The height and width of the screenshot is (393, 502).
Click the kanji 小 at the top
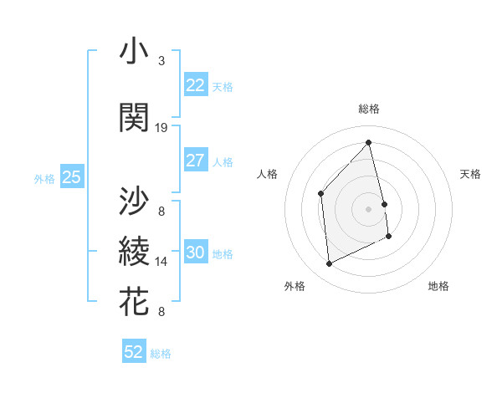(135, 52)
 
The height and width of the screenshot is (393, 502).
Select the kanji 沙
(135, 201)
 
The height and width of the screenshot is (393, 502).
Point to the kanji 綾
(135, 251)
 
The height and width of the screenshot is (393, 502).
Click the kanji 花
(135, 301)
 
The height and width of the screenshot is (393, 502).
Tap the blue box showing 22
(195, 85)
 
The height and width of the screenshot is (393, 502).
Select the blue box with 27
(195, 161)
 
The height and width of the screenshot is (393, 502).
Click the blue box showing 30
(195, 253)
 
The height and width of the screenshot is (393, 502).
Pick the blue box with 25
(71, 177)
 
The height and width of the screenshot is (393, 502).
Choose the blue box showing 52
(134, 352)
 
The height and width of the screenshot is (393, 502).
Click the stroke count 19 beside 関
(161, 128)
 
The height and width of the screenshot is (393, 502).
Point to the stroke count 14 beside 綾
(161, 262)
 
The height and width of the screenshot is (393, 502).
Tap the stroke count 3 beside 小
(161, 61)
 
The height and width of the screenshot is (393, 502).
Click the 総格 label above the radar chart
(369, 109)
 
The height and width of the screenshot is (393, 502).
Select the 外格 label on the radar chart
(295, 286)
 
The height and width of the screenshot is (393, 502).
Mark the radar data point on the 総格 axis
(369, 142)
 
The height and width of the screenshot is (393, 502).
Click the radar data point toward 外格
(329, 264)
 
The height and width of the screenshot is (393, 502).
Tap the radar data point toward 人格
(321, 194)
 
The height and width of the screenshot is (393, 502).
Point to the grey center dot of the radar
(369, 208)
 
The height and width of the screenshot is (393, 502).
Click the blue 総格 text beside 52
(161, 354)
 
